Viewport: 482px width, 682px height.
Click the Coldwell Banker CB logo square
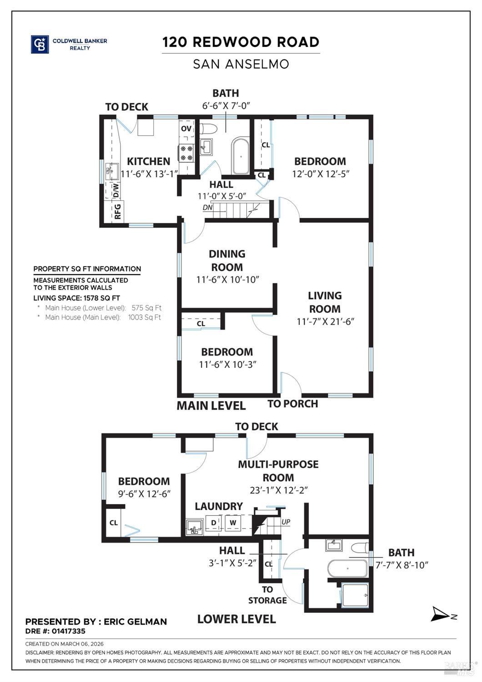tap(40, 45)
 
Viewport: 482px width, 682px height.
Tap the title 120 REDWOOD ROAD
tap(241, 42)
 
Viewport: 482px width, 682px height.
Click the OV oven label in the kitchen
tap(186, 129)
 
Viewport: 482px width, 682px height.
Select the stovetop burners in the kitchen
tap(186, 153)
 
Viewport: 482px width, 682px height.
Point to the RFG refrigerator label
tap(117, 211)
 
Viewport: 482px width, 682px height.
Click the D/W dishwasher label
tap(116, 190)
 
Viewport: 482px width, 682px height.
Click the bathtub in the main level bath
tap(241, 156)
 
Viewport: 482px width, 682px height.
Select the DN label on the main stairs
tap(208, 208)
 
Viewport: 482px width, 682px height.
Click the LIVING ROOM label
tap(325, 302)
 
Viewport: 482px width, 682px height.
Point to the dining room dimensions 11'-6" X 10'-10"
tap(227, 280)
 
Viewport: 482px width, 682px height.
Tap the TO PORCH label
tap(292, 404)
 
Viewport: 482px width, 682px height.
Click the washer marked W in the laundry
tap(233, 523)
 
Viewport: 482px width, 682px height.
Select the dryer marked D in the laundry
tap(213, 523)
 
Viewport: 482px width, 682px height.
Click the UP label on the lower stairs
tap(286, 522)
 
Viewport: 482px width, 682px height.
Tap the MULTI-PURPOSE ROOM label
tap(278, 471)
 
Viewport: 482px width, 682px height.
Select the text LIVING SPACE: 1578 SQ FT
tap(76, 298)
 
